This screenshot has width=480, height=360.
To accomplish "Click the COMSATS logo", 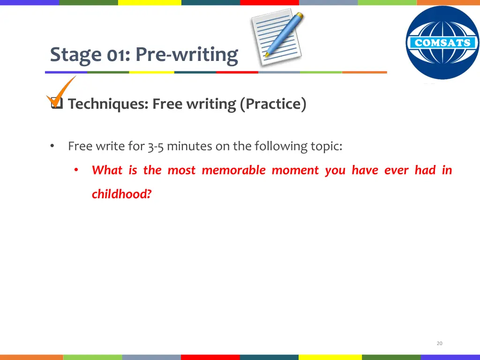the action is click(442, 43).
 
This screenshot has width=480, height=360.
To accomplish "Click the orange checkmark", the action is click(60, 92).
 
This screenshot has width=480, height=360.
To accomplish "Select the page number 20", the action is click(440, 344).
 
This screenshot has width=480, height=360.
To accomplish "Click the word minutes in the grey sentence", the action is click(189, 146).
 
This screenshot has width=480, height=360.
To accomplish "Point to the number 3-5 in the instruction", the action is click(156, 146).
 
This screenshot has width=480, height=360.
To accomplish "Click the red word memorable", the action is click(234, 170).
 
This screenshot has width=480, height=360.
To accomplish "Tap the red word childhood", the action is click(122, 194).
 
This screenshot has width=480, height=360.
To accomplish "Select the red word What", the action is click(107, 170).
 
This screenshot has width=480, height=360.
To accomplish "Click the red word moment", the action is click(295, 171).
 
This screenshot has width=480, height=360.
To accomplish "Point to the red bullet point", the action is click(76, 170).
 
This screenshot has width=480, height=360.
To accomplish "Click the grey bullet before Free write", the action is click(52, 146).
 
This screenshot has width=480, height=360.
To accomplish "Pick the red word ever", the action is click(397, 171).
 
